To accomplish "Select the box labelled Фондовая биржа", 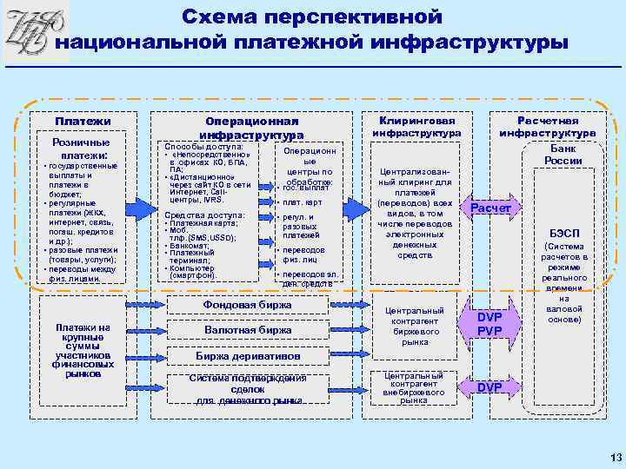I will click(247, 305).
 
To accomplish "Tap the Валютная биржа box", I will click(247, 330).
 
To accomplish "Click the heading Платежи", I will click(83, 122).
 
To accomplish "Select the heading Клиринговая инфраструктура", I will click(416, 128).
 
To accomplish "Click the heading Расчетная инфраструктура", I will click(547, 128).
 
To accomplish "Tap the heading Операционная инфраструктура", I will click(250, 129).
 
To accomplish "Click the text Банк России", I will click(563, 155).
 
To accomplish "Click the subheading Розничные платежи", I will click(81, 149).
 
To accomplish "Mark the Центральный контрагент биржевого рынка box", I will click(415, 326).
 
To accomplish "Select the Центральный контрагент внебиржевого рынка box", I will click(415, 387).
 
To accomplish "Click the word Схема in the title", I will click(227, 17).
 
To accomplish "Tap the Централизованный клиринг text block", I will click(415, 213).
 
